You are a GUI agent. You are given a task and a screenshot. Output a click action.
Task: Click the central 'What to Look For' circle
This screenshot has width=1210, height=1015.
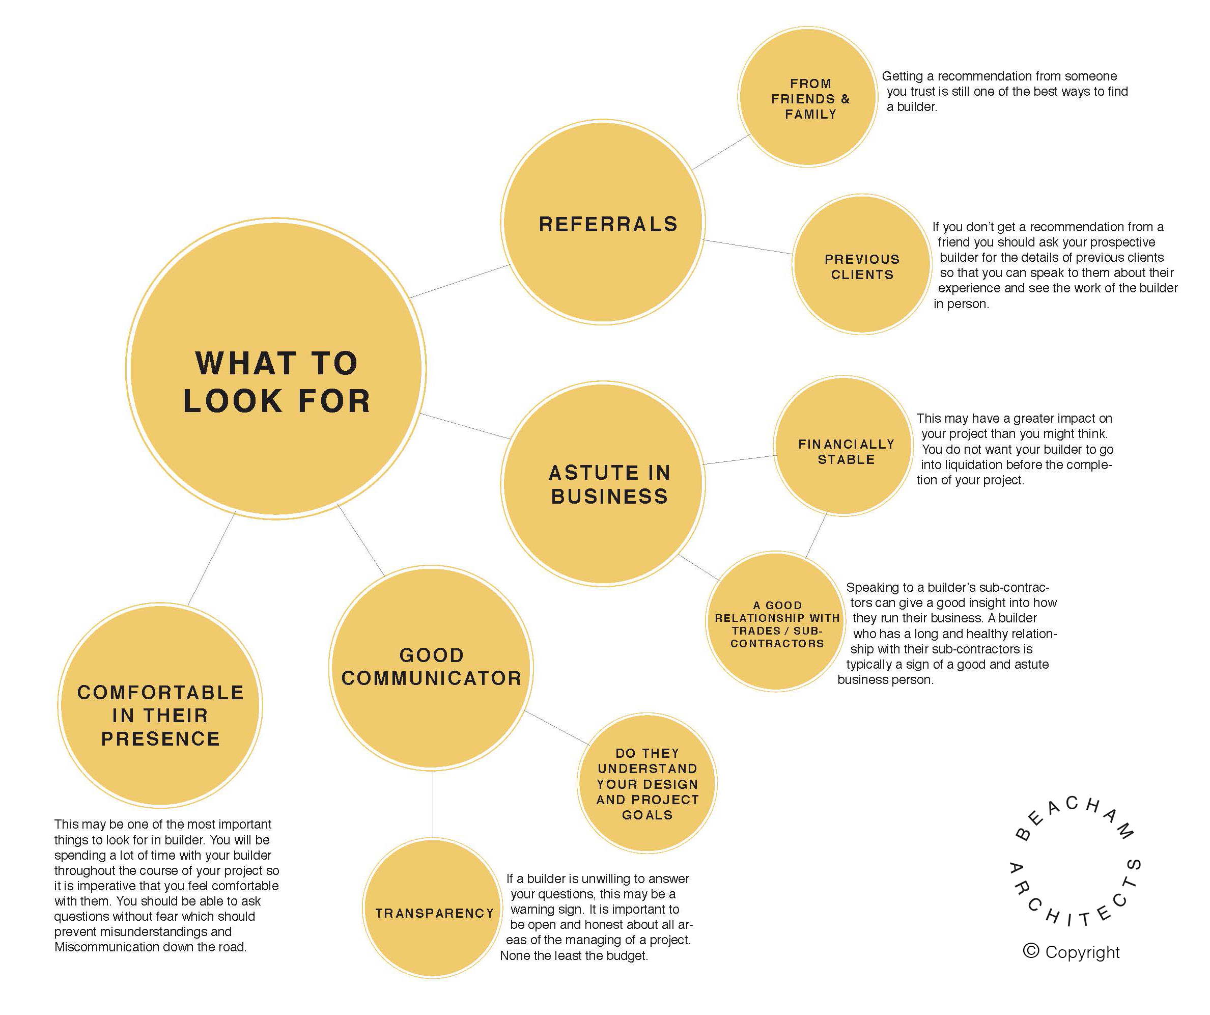(276, 369)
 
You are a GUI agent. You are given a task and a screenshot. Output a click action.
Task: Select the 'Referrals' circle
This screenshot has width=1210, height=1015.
(603, 223)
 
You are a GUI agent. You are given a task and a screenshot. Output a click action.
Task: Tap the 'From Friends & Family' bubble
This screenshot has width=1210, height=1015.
(808, 97)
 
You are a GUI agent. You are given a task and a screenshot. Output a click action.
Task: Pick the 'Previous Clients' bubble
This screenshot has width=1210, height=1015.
(862, 264)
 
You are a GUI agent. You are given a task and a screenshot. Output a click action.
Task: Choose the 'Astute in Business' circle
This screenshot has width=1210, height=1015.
(603, 484)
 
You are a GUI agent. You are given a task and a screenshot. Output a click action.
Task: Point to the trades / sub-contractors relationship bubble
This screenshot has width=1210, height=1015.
(776, 621)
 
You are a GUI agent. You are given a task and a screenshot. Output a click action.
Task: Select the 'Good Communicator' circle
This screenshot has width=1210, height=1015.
(431, 668)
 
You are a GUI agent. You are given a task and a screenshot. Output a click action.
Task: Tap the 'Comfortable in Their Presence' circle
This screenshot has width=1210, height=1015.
(160, 705)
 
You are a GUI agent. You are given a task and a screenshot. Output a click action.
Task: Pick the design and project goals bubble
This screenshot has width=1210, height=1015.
(647, 783)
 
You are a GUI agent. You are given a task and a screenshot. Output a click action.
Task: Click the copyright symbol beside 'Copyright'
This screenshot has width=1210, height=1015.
(1031, 950)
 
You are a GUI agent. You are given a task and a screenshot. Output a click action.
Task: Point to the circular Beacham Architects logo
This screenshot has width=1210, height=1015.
(1075, 861)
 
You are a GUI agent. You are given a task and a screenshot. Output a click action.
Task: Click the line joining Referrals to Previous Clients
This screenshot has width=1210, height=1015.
(748, 246)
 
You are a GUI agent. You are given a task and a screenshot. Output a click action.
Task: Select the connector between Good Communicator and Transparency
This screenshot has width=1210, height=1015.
(433, 804)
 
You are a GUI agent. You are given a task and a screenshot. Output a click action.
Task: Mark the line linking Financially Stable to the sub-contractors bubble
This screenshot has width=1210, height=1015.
(816, 535)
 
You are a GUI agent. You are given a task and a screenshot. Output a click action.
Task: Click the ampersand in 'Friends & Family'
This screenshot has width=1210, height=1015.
(846, 99)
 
